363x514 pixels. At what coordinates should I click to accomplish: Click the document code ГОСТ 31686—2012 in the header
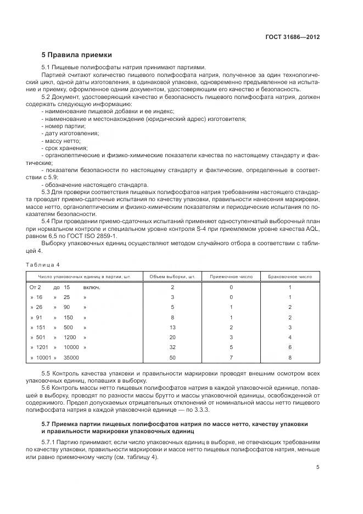293,37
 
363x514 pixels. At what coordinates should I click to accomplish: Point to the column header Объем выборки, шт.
172,277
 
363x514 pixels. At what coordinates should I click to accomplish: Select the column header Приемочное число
231,277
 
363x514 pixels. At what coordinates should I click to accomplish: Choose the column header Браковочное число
289,277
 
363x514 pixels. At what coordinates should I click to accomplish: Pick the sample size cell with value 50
172,357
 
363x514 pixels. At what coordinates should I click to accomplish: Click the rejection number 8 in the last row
289,357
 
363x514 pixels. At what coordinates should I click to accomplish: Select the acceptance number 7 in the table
231,357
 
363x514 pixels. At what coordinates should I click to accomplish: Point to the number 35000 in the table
71,357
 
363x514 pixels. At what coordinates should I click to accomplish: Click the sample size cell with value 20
172,337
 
